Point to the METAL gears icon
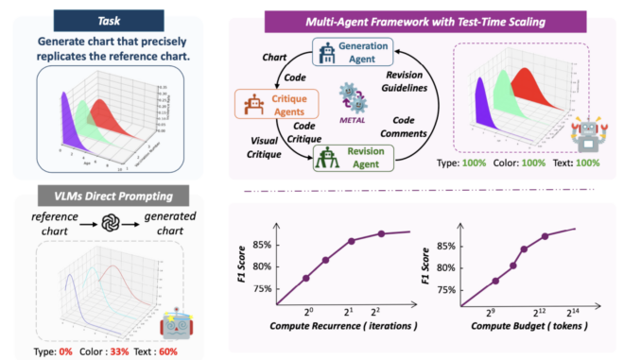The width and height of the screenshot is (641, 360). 353,99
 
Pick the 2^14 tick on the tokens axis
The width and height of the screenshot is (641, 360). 600,312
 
